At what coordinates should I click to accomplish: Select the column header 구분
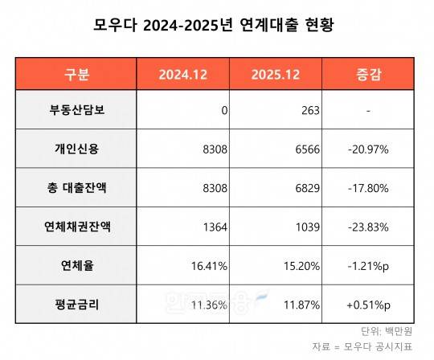pyautogui.click(x=77, y=76)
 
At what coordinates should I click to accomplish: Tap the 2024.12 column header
pyautogui.click(x=183, y=76)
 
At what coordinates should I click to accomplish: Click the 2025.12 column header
pyautogui.click(x=276, y=76)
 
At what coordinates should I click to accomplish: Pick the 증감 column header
pyautogui.click(x=367, y=76)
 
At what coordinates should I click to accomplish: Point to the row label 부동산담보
pyautogui.click(x=77, y=111)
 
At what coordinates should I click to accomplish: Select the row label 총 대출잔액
pyautogui.click(x=77, y=189)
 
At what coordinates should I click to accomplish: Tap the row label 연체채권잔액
pyautogui.click(x=77, y=227)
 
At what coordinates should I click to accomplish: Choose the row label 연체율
pyautogui.click(x=77, y=266)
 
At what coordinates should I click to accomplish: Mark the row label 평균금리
pyautogui.click(x=77, y=305)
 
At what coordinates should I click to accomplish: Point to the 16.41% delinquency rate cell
pyautogui.click(x=210, y=266)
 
